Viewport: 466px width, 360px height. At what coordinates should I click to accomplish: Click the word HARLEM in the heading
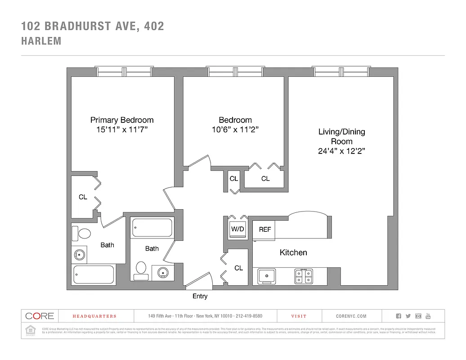pos(41,41)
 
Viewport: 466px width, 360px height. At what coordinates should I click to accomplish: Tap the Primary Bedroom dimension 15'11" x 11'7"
pos(122,130)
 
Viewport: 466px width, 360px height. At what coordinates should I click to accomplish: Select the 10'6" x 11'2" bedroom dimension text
pos(235,130)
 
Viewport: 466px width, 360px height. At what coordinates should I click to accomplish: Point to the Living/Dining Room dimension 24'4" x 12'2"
pos(341,151)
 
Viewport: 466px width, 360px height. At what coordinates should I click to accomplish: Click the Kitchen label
pos(293,252)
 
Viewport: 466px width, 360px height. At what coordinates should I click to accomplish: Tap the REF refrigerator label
pos(265,229)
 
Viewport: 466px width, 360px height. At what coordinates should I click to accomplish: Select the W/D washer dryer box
pos(237,229)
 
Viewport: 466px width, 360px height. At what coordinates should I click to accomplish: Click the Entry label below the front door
pos(200,296)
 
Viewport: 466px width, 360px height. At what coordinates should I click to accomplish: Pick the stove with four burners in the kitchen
pos(304,275)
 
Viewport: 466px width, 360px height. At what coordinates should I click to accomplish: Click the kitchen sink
pos(266,275)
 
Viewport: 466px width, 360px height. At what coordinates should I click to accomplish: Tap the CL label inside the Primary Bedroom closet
pos(83,197)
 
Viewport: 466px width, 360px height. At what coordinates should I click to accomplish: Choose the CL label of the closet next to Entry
pos(238,268)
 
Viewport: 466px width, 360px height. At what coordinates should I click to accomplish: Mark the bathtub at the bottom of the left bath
pos(94,274)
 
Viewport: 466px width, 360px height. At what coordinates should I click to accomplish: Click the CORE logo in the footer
pos(40,316)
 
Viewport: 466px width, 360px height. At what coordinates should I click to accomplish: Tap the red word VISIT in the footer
pos(299,316)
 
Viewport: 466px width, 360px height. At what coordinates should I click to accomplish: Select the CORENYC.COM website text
pos(351,316)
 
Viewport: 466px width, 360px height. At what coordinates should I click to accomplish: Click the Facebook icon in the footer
pos(399,316)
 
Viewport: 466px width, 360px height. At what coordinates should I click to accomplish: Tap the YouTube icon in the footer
pos(428,316)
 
